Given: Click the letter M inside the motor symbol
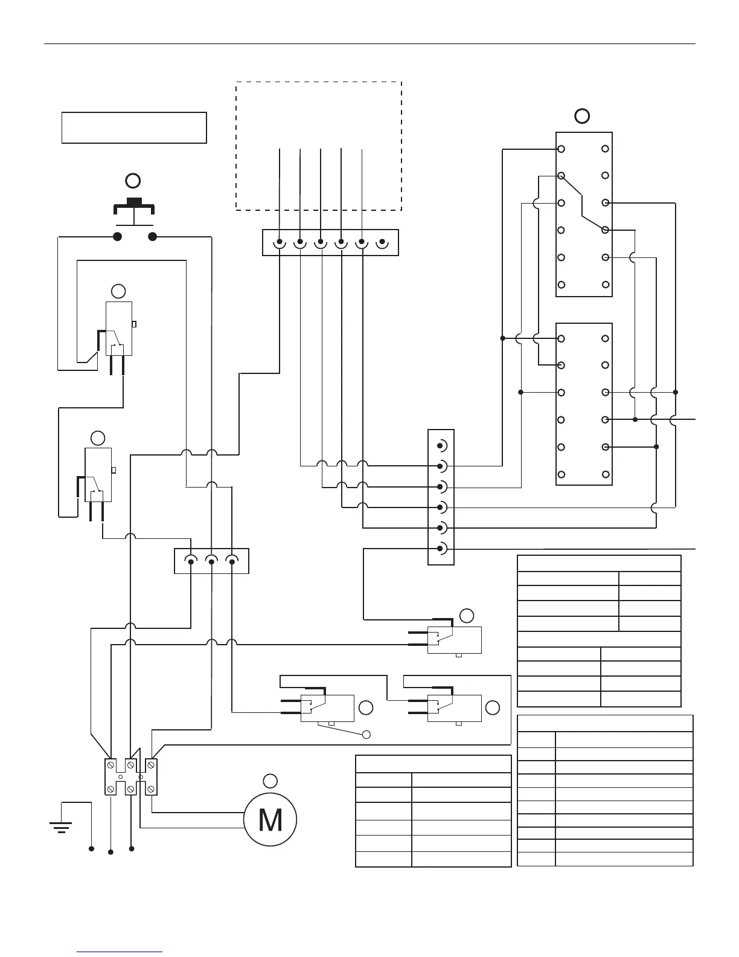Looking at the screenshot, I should click(x=270, y=820).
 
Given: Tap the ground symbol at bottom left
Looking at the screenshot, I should click(x=61, y=825).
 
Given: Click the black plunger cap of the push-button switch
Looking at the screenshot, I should click(x=133, y=201).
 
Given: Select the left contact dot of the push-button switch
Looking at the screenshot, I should click(x=118, y=236).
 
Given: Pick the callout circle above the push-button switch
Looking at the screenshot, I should click(x=132, y=180).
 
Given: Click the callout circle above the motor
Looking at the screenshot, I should click(x=270, y=780).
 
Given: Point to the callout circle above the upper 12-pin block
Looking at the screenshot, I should click(x=581, y=116).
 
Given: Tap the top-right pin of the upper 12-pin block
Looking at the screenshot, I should click(x=606, y=149).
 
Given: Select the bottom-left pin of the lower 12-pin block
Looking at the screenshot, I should click(x=561, y=474).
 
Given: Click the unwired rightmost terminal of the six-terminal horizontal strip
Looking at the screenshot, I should click(x=382, y=243).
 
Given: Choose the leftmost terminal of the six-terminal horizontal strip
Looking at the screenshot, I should click(x=280, y=243).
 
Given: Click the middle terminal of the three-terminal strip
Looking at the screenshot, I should click(x=211, y=561).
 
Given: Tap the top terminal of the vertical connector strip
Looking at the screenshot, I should click(x=441, y=446).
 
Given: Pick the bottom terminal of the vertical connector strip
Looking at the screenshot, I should click(x=441, y=549).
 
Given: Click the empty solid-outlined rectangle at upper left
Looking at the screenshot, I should click(x=134, y=127).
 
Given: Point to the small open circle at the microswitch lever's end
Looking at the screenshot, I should click(x=366, y=735).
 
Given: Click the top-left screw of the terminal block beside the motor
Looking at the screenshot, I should click(x=112, y=765).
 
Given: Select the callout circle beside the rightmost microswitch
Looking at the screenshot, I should click(x=493, y=707).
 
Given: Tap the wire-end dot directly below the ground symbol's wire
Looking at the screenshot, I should click(x=91, y=849).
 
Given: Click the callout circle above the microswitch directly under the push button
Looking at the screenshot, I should click(x=119, y=291).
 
